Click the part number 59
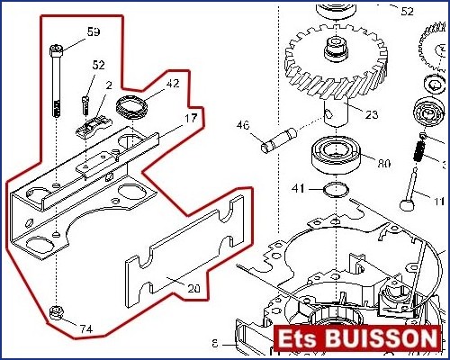(94, 31)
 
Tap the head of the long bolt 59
(56, 50)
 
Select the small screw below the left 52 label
(85, 105)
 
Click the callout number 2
(109, 85)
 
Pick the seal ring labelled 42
(131, 107)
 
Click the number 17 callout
(191, 119)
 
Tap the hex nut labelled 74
(56, 312)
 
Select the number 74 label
(86, 329)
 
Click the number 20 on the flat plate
(193, 289)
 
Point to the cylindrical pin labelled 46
(279, 140)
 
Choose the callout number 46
(243, 125)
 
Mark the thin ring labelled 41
(336, 190)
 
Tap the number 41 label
(298, 189)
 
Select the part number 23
(372, 114)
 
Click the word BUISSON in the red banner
(381, 338)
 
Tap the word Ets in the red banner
(298, 338)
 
